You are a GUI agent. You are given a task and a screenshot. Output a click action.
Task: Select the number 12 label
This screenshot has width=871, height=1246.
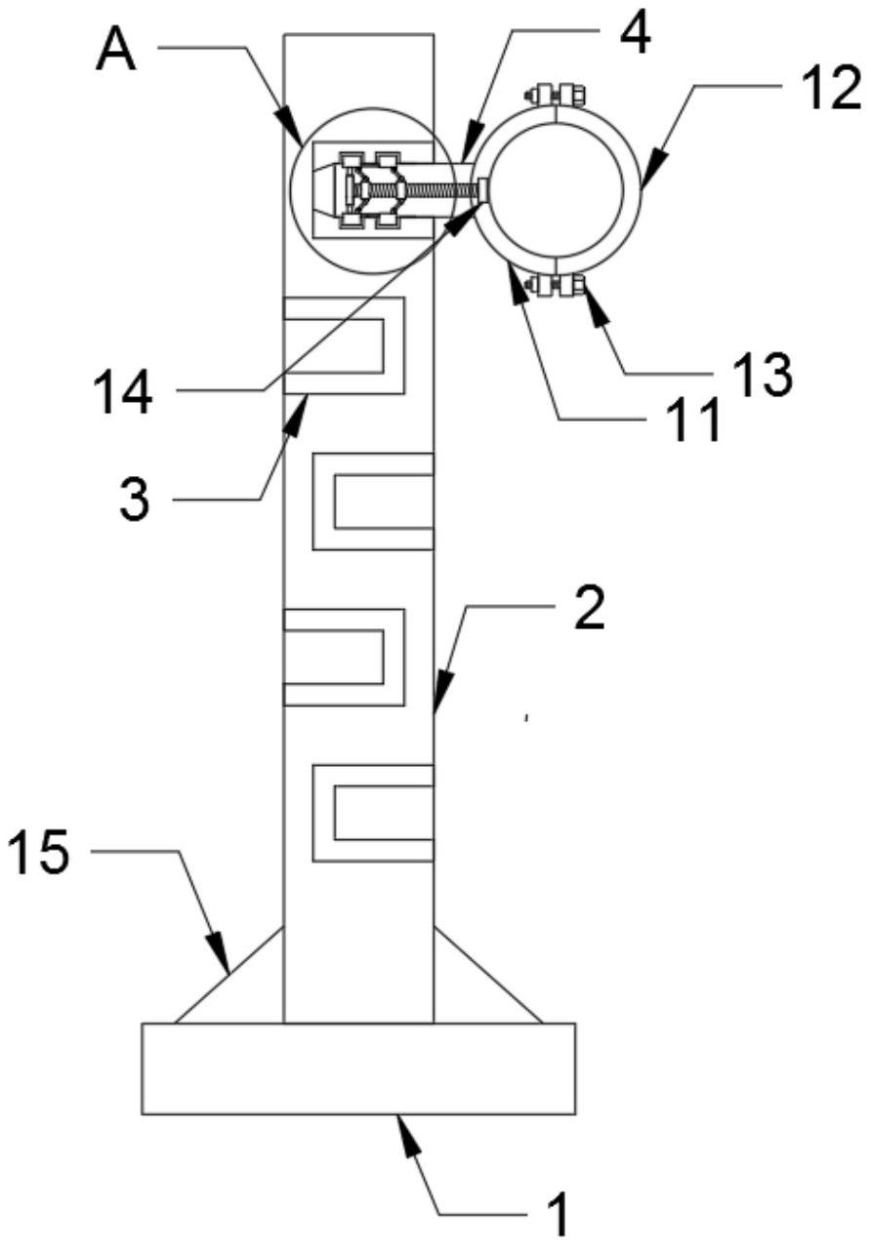tap(832, 89)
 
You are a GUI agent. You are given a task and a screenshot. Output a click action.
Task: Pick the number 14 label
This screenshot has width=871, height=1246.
tap(122, 392)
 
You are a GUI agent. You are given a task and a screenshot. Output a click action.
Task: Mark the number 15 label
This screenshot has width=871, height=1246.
tap(38, 851)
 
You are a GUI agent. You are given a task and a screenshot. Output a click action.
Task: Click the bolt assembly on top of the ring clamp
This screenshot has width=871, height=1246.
tap(555, 95)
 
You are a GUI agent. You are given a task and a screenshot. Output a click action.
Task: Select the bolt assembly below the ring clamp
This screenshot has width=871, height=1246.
tap(555, 286)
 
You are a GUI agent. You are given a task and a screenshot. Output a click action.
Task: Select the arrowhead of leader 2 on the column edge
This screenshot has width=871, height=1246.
tap(440, 693)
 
